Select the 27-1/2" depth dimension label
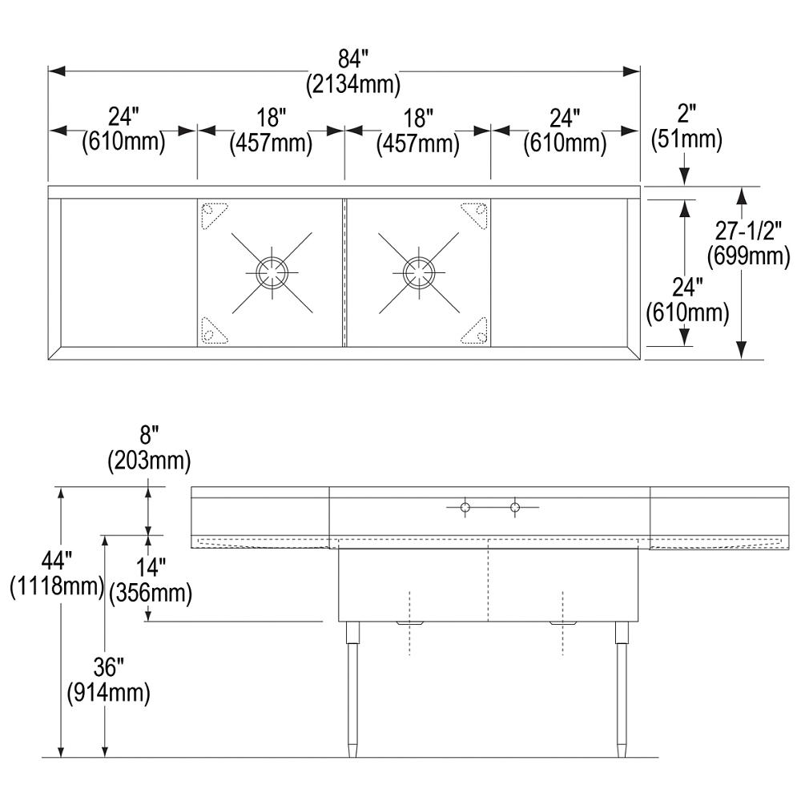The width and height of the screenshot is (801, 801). (x=749, y=232)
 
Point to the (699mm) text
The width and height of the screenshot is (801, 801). (x=749, y=256)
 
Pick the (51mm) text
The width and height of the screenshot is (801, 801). (x=686, y=140)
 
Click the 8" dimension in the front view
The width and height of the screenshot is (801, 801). (x=149, y=437)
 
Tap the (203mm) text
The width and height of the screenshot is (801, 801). (x=149, y=461)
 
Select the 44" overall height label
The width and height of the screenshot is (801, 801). (x=56, y=563)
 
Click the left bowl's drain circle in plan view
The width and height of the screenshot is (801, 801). (x=271, y=272)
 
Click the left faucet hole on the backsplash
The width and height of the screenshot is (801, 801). (x=464, y=506)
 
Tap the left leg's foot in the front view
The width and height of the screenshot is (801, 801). (x=352, y=751)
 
